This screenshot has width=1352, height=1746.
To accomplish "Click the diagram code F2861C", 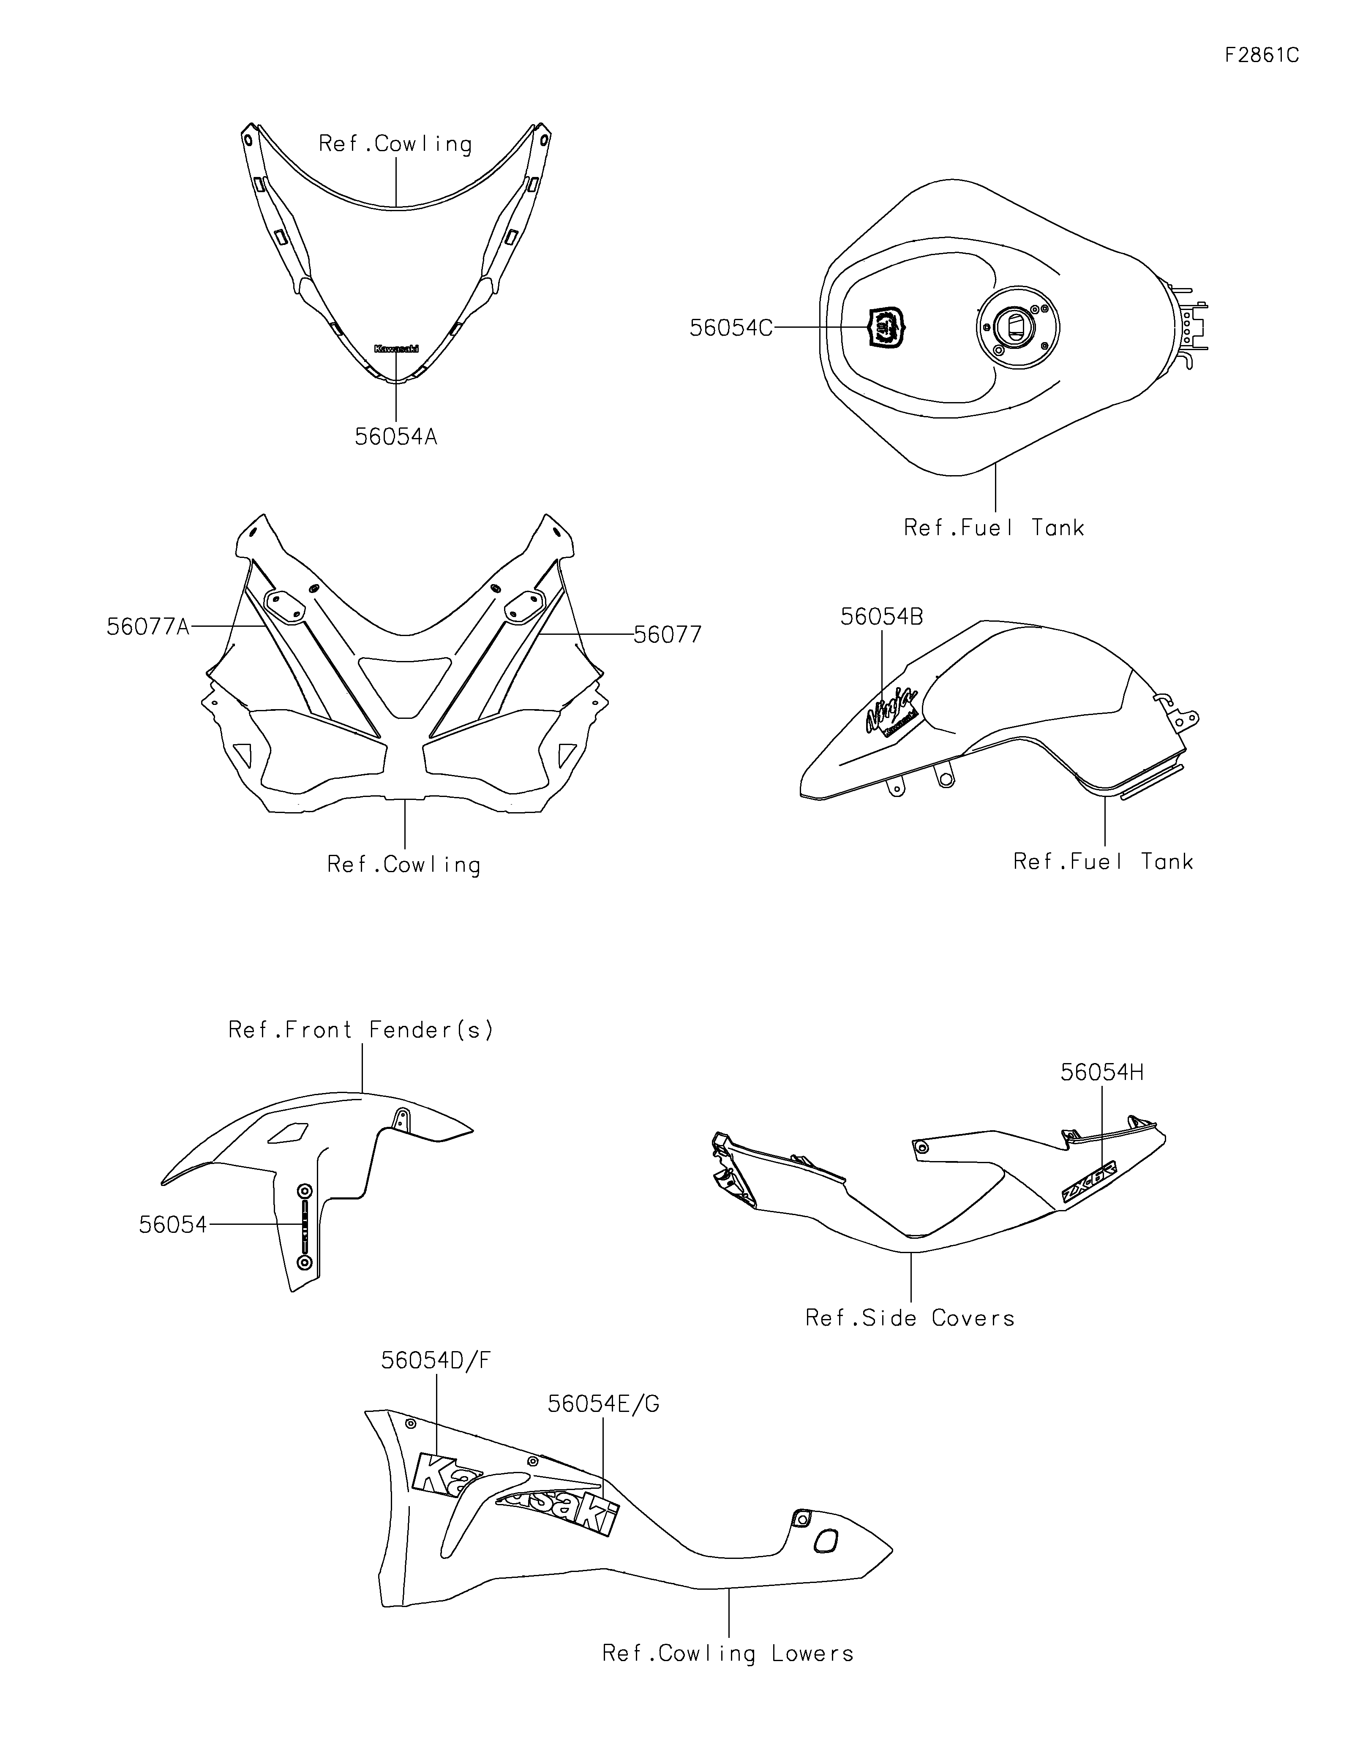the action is pos(1261,55).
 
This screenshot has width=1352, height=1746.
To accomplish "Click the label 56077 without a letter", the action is pos(668,635).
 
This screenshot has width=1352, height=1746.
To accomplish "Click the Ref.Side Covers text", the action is pos(910,1318).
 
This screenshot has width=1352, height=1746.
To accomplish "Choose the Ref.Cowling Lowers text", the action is pos(728,1653).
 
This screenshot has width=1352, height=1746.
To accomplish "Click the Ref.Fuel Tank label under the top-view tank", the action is pos(994,528).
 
